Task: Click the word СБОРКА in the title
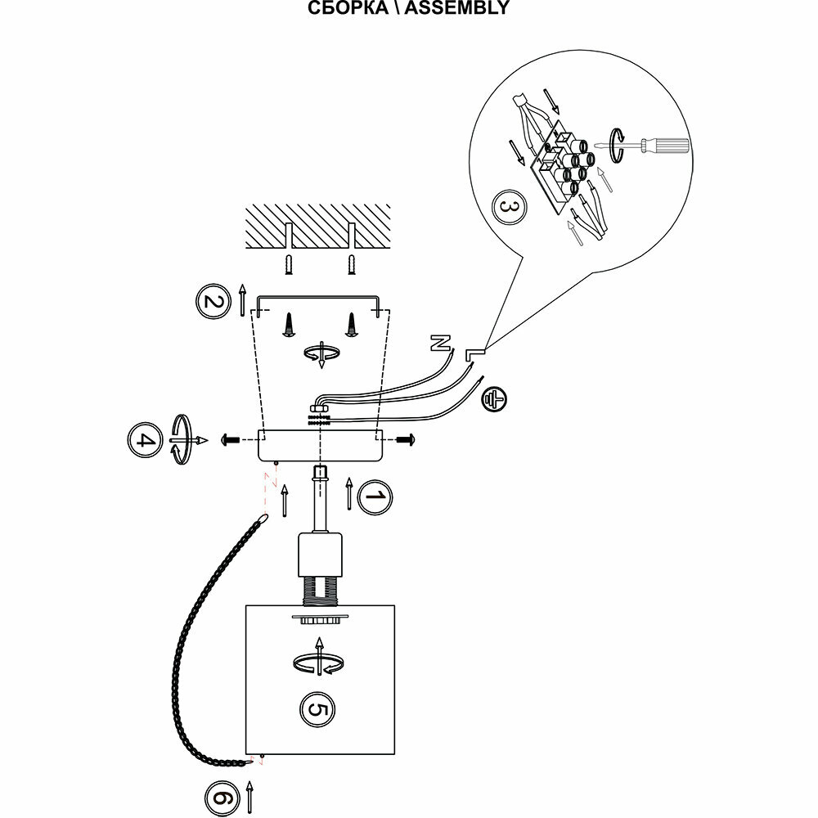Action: tap(344, 9)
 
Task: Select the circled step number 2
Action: tap(213, 302)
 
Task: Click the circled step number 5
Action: tap(317, 708)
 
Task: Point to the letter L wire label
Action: tap(474, 353)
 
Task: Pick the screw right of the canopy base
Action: tap(406, 441)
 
